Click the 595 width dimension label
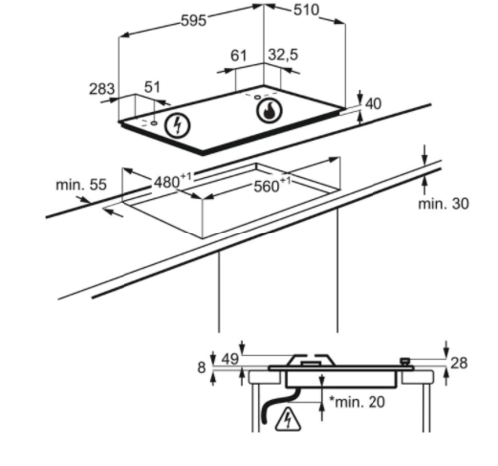[194, 21]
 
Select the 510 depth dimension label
[306, 10]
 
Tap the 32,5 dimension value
[283, 55]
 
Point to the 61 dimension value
[239, 56]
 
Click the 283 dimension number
[102, 89]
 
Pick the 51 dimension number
[152, 87]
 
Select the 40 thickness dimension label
[373, 104]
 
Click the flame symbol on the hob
[269, 111]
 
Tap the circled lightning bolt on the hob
[178, 126]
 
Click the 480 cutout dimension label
[173, 181]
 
